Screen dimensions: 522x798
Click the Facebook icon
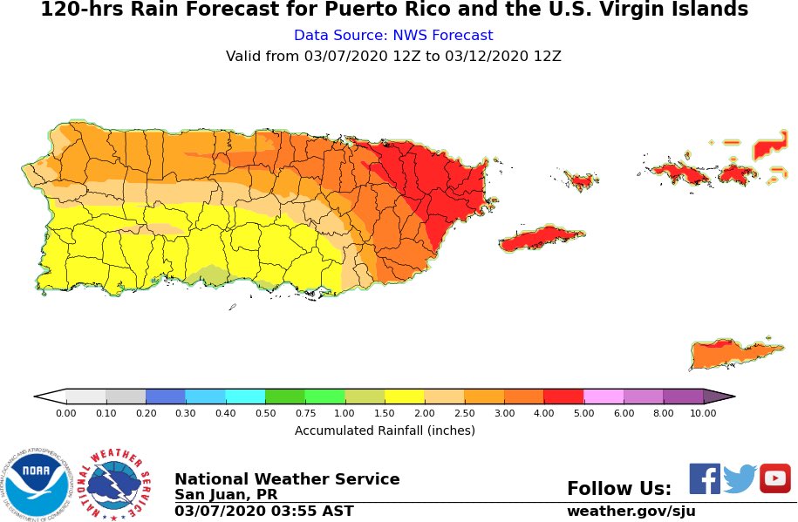click(705, 478)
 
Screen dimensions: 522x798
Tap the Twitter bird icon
click(740, 478)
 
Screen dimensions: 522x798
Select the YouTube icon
click(774, 478)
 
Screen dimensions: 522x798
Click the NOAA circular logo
click(36, 483)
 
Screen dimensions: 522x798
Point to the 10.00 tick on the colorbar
click(703, 413)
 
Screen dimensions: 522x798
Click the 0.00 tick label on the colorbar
click(66, 413)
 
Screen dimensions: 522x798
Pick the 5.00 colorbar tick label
click(583, 413)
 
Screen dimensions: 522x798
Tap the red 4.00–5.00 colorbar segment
click(563, 397)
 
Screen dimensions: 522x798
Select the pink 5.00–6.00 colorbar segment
click(604, 397)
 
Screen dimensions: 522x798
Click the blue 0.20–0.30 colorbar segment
click(166, 397)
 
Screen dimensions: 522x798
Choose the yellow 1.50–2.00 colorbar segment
click(405, 397)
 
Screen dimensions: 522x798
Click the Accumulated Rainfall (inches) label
click(385, 430)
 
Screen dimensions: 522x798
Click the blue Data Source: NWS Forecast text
click(393, 36)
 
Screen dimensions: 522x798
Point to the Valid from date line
click(393, 57)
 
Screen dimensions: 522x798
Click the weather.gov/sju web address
click(631, 512)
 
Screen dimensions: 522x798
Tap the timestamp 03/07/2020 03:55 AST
click(263, 512)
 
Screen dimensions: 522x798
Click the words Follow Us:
click(618, 489)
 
